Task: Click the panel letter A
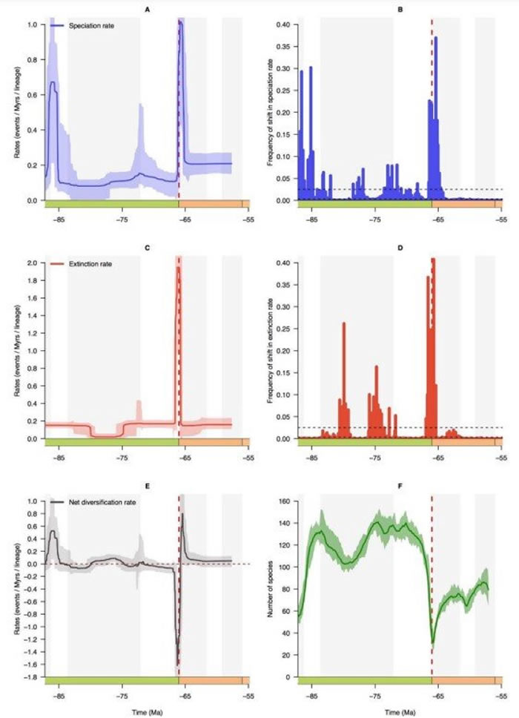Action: (x=148, y=10)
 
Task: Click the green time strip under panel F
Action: (x=363, y=680)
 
